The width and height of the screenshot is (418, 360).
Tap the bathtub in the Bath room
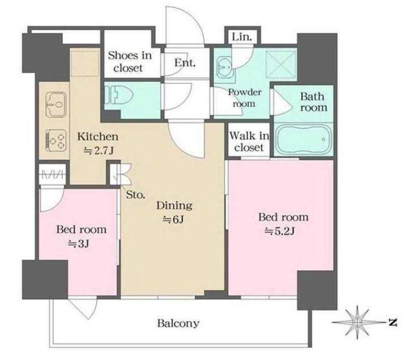(304, 139)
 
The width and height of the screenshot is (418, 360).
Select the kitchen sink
(56, 104)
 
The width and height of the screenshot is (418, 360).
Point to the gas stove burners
(56, 140)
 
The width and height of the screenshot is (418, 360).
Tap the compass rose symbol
(357, 322)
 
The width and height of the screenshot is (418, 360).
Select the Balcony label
(178, 323)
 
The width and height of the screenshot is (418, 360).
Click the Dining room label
(174, 206)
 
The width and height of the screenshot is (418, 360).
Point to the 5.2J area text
(279, 231)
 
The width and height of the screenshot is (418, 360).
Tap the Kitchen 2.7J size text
(98, 151)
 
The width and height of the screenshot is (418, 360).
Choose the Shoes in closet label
(130, 61)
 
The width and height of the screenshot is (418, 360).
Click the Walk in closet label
(249, 142)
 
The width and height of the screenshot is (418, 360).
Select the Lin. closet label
(242, 37)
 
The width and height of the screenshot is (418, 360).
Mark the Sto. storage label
(136, 195)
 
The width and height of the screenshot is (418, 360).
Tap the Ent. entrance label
(185, 62)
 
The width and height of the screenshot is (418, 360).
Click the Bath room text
(314, 102)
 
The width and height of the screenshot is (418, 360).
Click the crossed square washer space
(281, 65)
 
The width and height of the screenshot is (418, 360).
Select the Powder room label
(244, 97)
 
